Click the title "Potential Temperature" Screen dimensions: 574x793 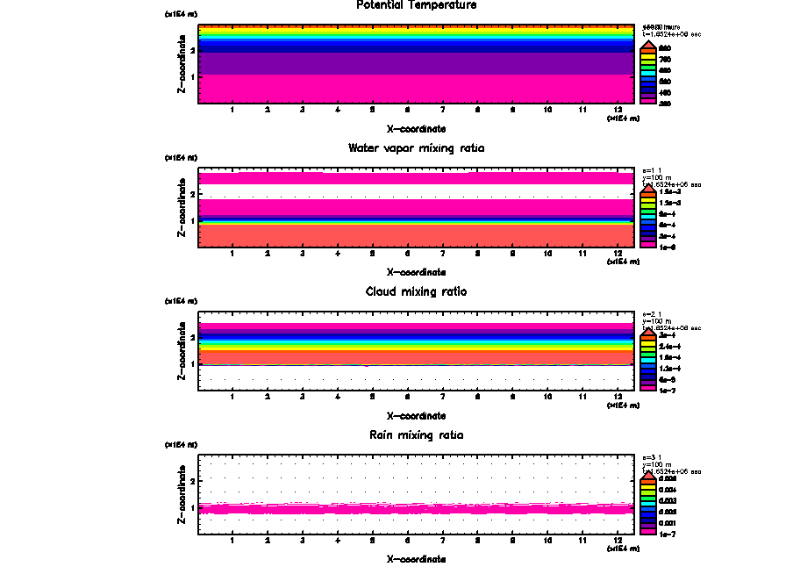[x=417, y=5]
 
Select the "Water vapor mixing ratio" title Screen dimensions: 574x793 [x=417, y=148]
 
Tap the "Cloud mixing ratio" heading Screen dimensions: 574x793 [x=417, y=291]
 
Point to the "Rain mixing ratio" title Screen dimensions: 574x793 [x=417, y=435]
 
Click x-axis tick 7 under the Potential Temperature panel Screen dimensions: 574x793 [x=442, y=110]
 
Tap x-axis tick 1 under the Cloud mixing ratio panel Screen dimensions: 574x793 [x=232, y=398]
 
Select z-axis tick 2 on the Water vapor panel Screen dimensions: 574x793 [x=192, y=194]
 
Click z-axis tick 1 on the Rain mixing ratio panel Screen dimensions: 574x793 [x=192, y=507]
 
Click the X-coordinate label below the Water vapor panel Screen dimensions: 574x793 [x=417, y=272]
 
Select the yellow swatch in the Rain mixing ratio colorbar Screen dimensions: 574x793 [x=648, y=490]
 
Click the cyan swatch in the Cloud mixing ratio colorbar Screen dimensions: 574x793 [x=648, y=357]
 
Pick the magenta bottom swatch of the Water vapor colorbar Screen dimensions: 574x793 [x=648, y=247]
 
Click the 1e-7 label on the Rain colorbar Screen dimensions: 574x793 [x=667, y=534]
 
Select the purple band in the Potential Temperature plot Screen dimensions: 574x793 [x=417, y=63]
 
